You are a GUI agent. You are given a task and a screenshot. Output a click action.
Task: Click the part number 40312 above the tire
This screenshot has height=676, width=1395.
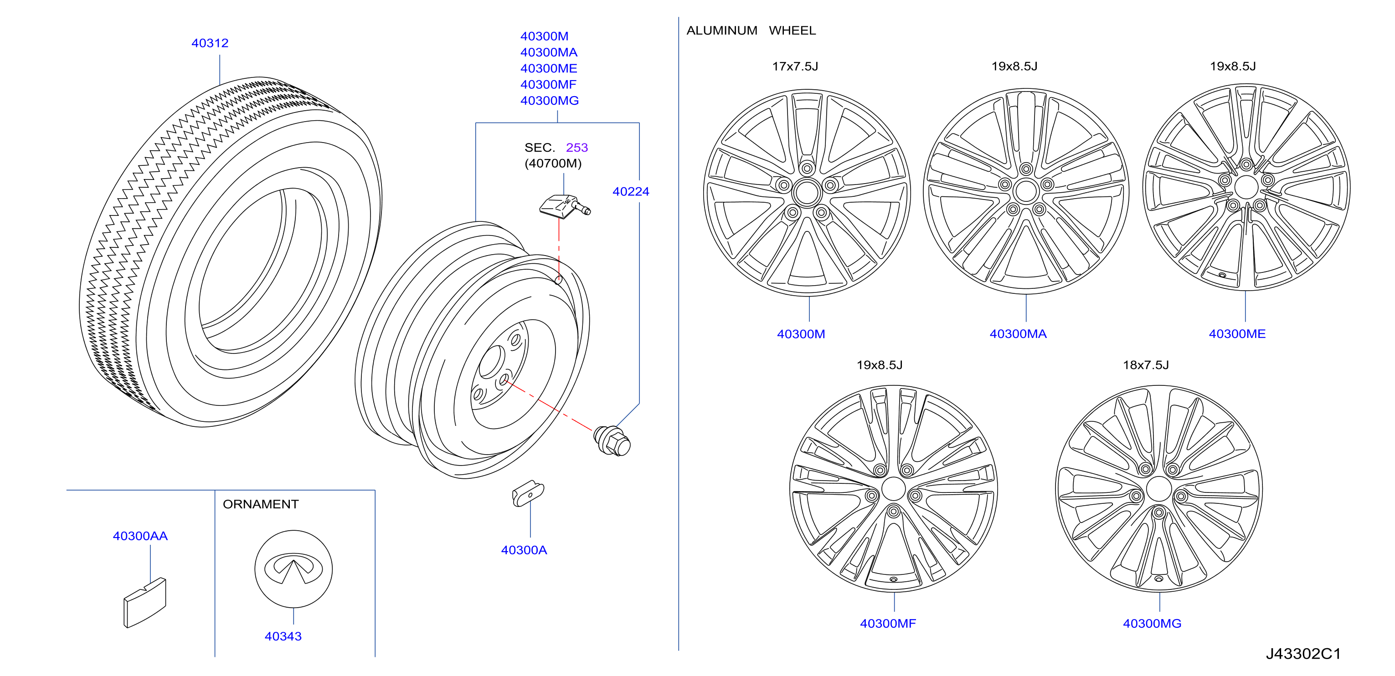[210, 43]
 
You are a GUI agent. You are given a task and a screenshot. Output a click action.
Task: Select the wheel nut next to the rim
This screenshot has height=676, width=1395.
[612, 440]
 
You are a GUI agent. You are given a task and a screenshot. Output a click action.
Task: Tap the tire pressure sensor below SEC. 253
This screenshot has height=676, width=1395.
[564, 206]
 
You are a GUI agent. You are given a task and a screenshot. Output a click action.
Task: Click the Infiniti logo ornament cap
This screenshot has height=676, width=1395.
[293, 569]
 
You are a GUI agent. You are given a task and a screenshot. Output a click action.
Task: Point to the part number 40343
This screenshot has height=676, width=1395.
[283, 636]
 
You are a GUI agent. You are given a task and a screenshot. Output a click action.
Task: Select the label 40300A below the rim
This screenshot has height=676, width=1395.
[524, 550]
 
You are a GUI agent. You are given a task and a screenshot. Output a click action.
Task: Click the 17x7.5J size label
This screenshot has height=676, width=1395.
[794, 66]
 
